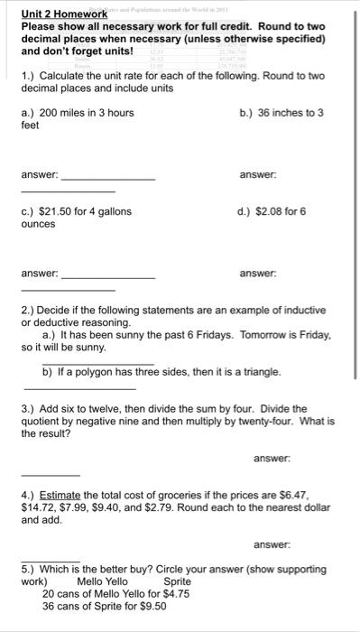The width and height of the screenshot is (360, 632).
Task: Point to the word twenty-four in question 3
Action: pos(268,421)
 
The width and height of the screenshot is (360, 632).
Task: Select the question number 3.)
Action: pos(29,408)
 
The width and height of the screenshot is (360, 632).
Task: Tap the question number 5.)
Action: pos(29,569)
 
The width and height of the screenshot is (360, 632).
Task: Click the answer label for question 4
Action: pos(272,544)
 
